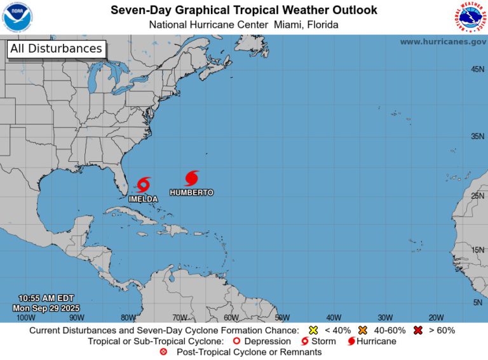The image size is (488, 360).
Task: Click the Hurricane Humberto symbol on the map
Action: pos(192,178)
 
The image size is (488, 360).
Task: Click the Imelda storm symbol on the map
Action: pos(143,185)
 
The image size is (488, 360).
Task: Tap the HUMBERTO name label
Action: pos(192,192)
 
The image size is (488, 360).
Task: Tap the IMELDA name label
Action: pos(143,199)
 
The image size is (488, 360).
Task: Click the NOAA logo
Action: pos(18,17)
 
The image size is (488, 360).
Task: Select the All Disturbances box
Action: pos(56,49)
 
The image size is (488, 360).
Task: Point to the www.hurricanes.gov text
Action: pos(443,42)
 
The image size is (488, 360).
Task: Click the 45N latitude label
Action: pos(477,69)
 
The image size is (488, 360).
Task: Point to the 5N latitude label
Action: pos(477,302)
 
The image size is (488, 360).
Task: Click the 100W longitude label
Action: pos(25,317)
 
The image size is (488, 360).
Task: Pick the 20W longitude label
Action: pos(435,317)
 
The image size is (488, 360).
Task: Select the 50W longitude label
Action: pos(281,317)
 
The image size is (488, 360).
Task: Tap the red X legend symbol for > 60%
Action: pos(419,330)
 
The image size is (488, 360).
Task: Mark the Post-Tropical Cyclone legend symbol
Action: pos(164,352)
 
